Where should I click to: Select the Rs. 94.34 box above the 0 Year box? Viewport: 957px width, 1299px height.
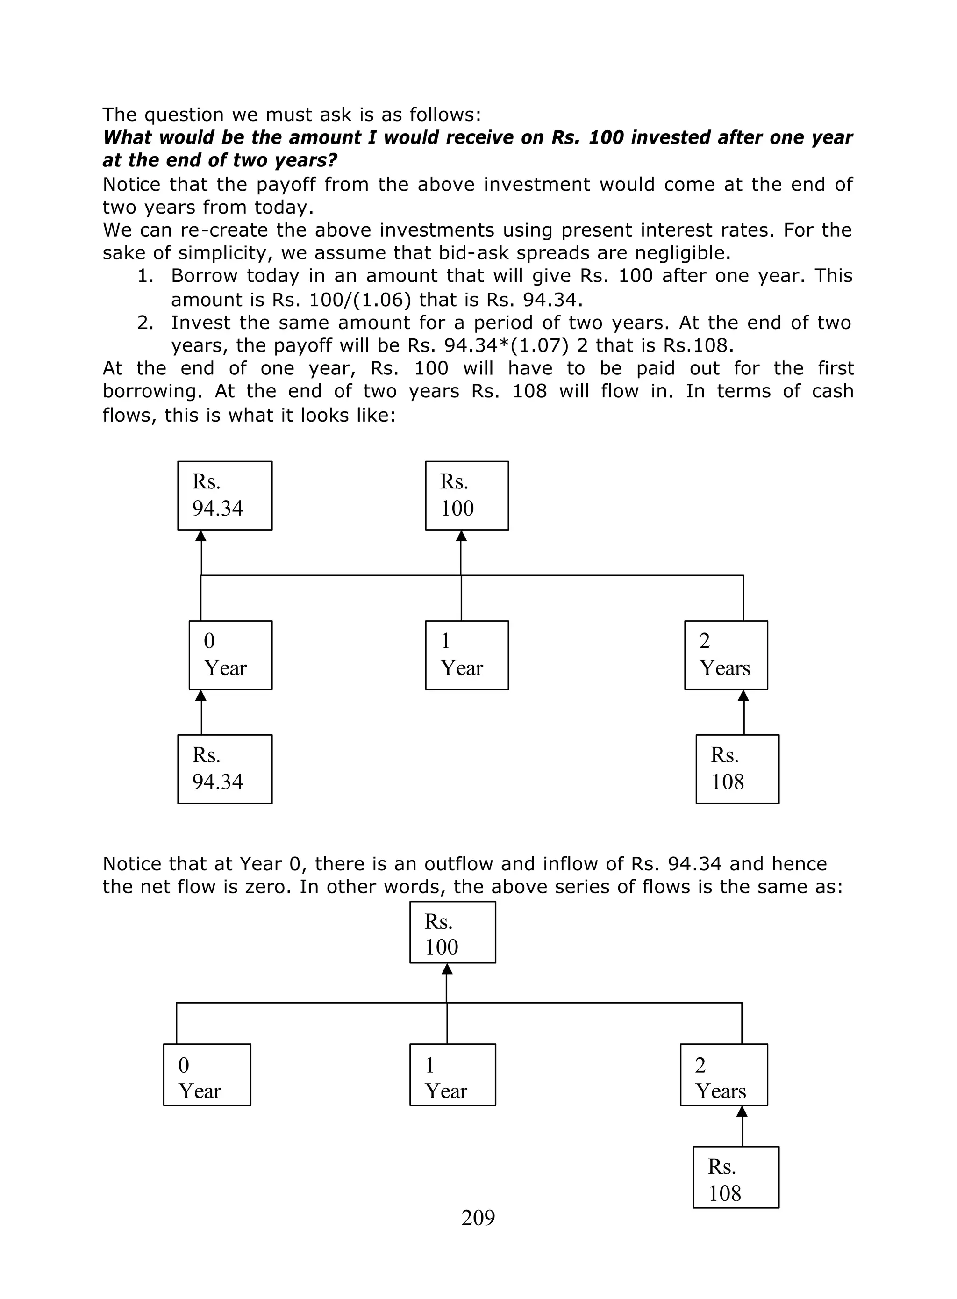pos(225,495)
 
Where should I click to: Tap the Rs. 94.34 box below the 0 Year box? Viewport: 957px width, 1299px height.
pos(225,769)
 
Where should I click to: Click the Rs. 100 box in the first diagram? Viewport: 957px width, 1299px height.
pos(467,495)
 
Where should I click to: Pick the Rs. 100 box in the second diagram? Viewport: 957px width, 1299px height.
pos(452,932)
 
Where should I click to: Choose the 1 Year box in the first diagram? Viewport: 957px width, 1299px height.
pos(467,655)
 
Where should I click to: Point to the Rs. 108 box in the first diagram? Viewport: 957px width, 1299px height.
pos(737,769)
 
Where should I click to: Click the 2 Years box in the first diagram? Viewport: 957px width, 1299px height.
pos(726,655)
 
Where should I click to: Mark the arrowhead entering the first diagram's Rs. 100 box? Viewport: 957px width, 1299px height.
pos(461,536)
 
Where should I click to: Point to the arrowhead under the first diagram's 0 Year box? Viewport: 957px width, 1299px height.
pos(201,695)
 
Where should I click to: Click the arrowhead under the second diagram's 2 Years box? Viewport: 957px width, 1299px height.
pos(742,1111)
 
